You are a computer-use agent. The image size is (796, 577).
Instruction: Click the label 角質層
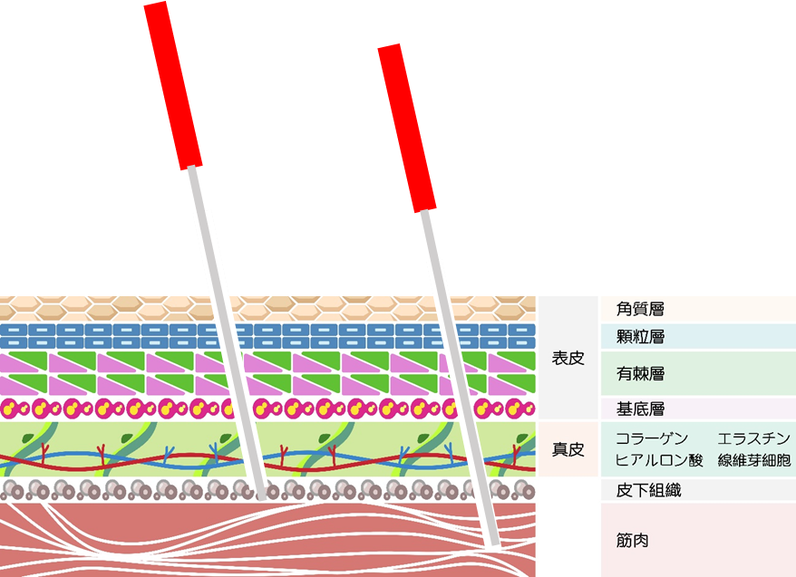[640, 310]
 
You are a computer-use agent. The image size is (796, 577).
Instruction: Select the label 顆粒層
[640, 337]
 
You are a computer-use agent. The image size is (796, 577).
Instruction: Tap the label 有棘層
[640, 373]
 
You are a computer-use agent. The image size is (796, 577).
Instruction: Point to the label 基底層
[640, 409]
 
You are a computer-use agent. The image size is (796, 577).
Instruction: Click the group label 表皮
[568, 358]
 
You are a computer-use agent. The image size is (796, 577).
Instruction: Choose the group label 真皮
[568, 448]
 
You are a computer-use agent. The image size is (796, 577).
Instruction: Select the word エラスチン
[753, 438]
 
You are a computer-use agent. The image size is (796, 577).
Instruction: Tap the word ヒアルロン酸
[658, 460]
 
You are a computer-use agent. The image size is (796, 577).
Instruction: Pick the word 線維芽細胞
[753, 460]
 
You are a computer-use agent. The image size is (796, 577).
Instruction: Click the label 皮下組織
[648, 491]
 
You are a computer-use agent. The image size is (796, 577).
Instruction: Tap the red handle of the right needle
[407, 128]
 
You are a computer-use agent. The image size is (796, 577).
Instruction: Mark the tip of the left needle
[262, 496]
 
